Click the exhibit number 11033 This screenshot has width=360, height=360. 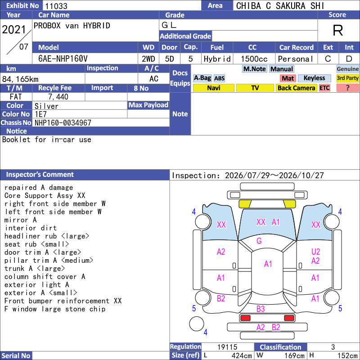coord(56,6)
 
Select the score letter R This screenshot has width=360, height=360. coord(338,30)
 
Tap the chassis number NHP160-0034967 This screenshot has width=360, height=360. coord(63,123)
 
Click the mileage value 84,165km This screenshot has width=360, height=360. coord(20,79)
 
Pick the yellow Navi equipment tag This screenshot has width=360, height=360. coord(213,88)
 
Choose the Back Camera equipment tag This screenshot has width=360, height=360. coord(296,88)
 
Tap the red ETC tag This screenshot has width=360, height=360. coord(324,88)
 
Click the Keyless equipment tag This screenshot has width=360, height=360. coord(314,78)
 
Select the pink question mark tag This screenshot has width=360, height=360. coord(347,88)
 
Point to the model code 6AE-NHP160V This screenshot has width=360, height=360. coord(63,59)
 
